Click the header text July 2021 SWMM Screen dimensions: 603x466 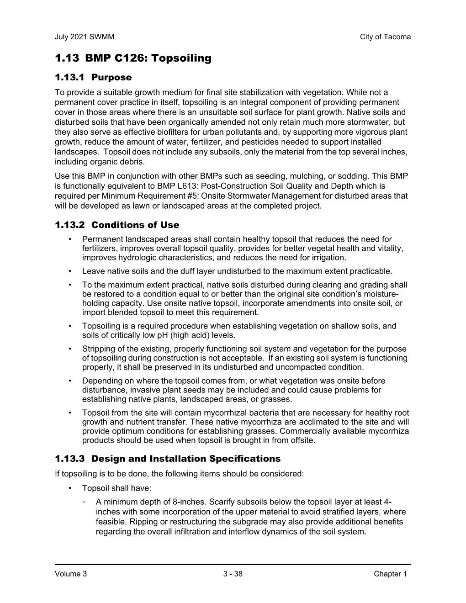point(84,37)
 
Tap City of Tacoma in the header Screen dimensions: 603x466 point(385,37)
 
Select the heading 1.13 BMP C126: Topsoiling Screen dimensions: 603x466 point(133,58)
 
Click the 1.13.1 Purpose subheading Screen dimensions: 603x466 point(93,77)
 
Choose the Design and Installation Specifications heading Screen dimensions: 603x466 point(186,459)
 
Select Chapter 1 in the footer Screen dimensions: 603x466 point(390,574)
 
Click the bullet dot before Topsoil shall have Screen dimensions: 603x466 point(70,488)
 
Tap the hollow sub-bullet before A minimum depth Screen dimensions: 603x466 point(84,502)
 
